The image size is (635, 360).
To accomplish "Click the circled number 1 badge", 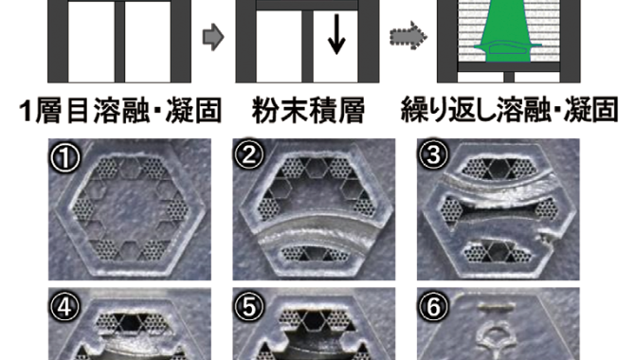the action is [64, 156].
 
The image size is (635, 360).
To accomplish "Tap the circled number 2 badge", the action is [248, 155].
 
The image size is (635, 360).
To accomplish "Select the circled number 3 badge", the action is [433, 154].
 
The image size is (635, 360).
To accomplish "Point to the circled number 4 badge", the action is [64, 307].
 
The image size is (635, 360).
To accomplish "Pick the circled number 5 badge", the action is [248, 307].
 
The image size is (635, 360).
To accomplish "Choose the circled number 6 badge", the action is [433, 307].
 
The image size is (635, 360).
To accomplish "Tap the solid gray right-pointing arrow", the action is [213, 37].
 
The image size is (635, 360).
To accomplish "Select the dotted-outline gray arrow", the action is [408, 36].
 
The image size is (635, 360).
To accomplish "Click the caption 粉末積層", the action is [308, 110].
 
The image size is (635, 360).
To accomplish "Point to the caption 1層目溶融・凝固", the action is [120, 110].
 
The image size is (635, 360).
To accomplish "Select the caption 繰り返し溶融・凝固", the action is [509, 109].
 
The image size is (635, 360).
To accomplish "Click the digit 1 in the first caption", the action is [27, 111].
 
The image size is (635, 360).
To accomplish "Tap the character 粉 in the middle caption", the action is [265, 110].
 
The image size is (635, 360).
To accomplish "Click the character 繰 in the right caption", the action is [414, 109].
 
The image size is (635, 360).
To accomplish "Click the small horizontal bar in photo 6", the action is [497, 306].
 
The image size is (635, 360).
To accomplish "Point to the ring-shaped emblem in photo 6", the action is [498, 339].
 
